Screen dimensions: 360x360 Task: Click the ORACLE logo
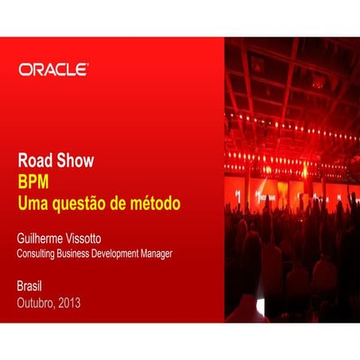pyautogui.click(x=53, y=70)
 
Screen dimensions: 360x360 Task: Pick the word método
pyautogui.click(x=155, y=203)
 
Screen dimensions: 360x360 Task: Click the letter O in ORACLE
pyautogui.click(x=25, y=70)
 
